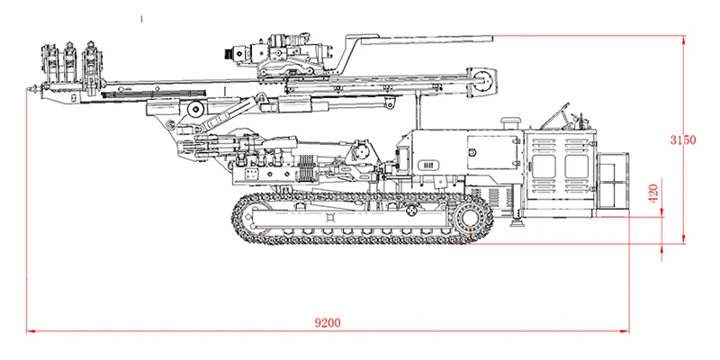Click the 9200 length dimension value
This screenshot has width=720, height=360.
[x=328, y=323]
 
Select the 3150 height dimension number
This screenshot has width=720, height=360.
[x=683, y=140]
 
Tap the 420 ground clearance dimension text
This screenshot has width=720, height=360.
[x=653, y=193]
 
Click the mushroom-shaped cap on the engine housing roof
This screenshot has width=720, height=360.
[x=510, y=122]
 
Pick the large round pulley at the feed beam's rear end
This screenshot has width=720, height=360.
[x=483, y=81]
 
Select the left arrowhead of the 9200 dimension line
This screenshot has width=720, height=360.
[x=31, y=330]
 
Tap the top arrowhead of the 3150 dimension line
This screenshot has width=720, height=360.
[x=684, y=40]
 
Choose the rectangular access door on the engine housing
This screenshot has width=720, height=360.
[x=493, y=152]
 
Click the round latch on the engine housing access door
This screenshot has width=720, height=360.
[x=472, y=152]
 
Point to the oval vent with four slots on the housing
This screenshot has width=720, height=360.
[x=428, y=166]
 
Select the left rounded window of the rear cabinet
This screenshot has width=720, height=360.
[x=544, y=166]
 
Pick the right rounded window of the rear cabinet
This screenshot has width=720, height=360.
[x=576, y=166]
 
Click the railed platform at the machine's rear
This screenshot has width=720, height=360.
[x=613, y=180]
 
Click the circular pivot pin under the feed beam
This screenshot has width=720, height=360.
[x=196, y=109]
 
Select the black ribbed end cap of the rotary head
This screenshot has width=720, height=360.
[x=228, y=54]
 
